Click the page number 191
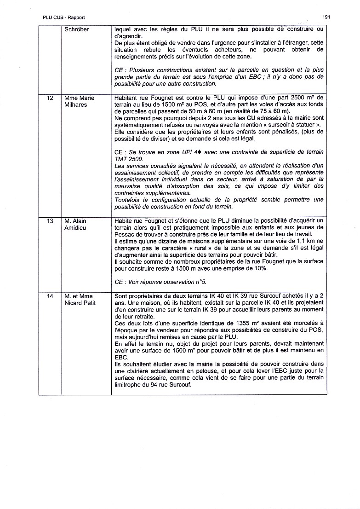pos(326,17)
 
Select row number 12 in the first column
pos(51,98)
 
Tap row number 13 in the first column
pos(51,221)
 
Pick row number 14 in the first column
pos(51,296)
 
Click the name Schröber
pos(76,29)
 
